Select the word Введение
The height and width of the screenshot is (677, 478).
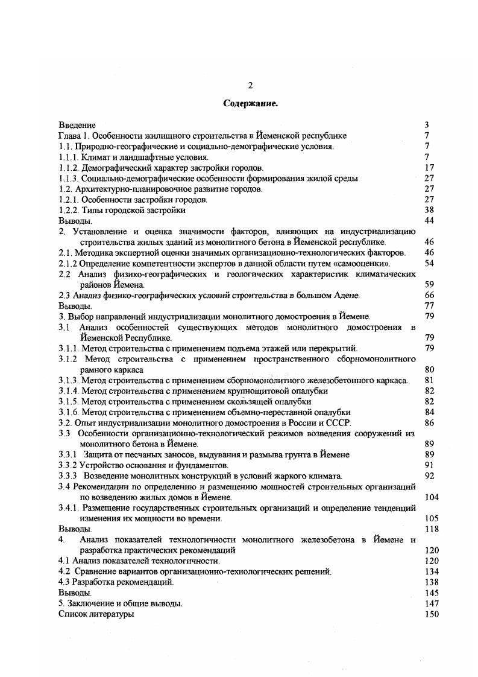77,125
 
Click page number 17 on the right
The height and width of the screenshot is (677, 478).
429,168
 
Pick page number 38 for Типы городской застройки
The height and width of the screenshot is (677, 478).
429,211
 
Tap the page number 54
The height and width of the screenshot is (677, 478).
429,264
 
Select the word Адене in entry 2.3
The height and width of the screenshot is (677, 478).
346,295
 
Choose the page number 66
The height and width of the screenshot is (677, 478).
429,295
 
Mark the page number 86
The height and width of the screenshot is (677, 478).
429,423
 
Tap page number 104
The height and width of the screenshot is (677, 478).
431,497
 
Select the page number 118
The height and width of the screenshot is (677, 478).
431,529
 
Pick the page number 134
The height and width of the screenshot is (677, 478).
431,571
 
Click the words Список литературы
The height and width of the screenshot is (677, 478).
96,614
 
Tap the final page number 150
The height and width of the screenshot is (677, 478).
431,614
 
